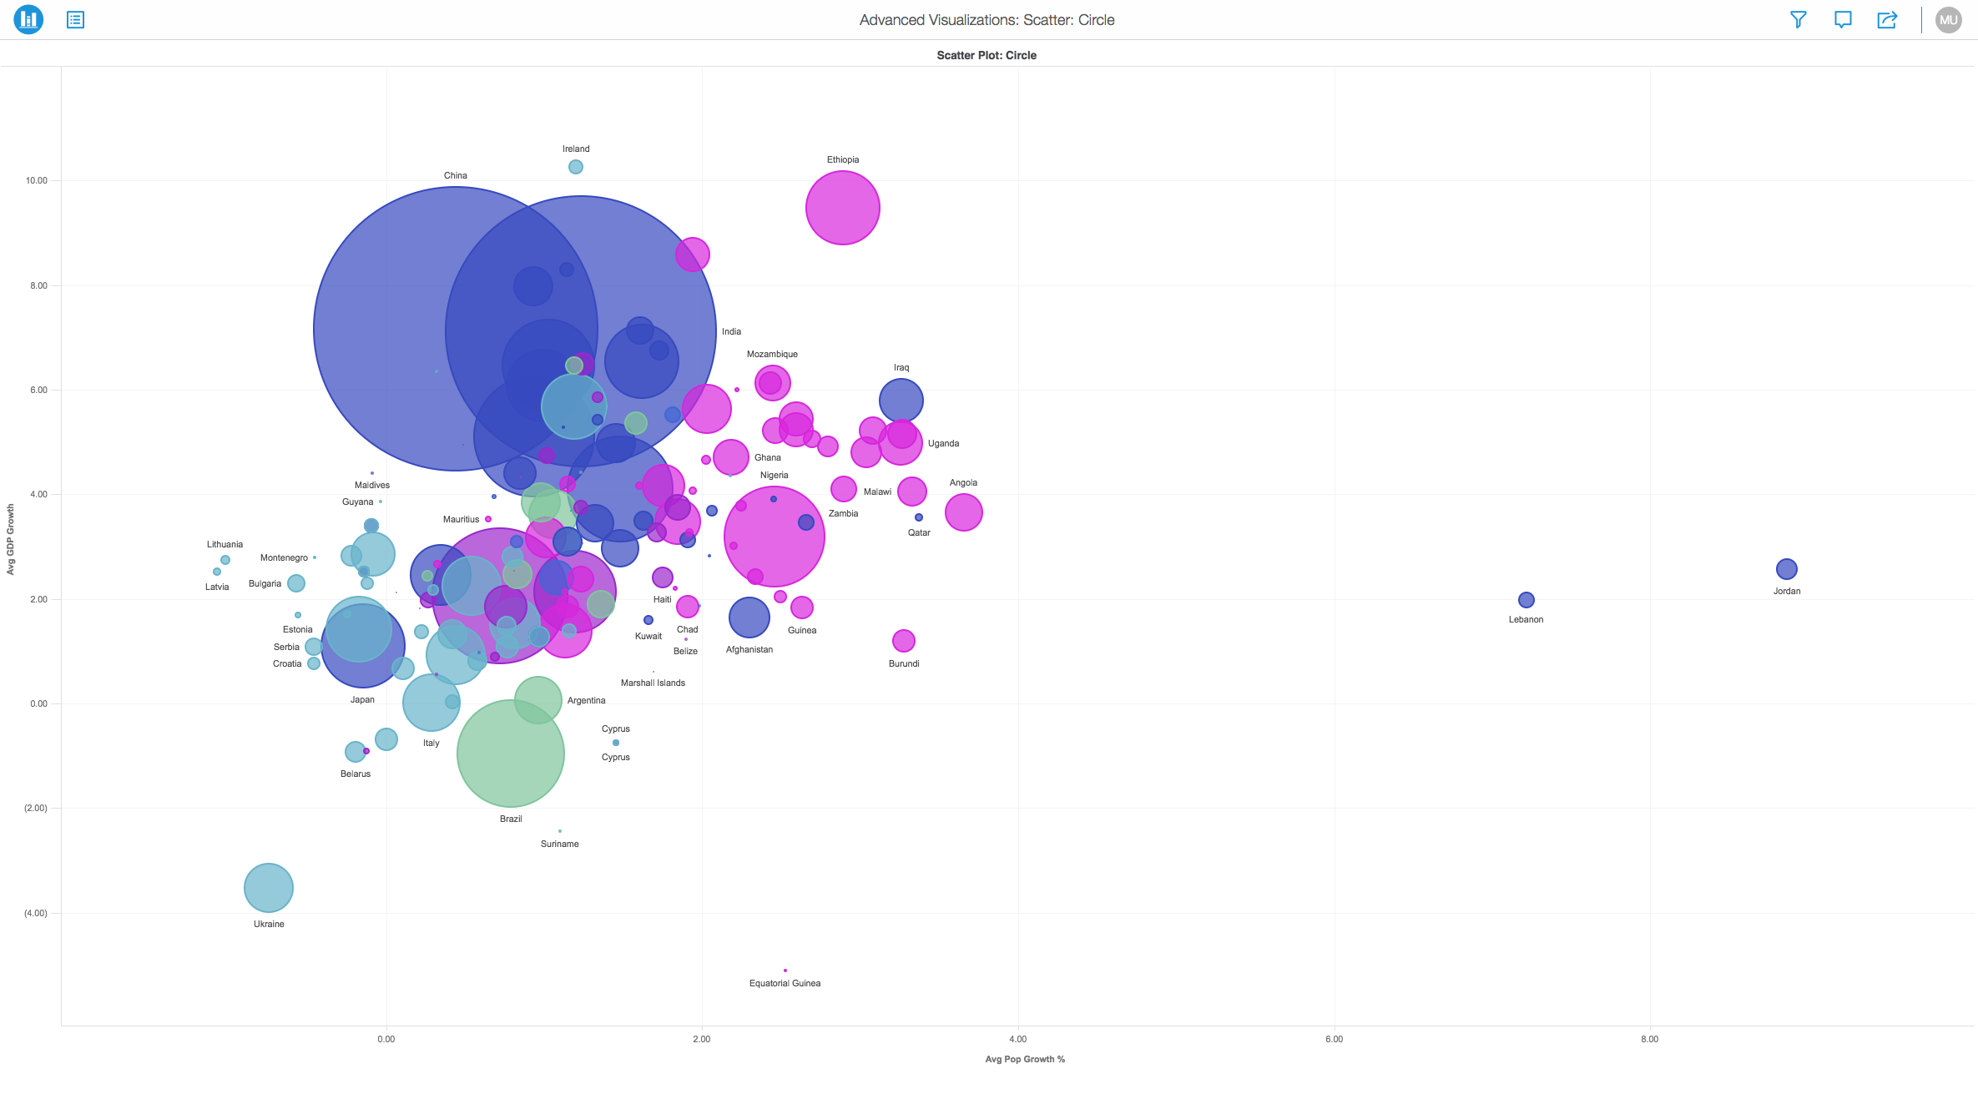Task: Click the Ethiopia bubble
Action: point(842,208)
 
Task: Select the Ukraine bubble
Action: point(268,888)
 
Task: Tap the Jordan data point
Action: point(1786,569)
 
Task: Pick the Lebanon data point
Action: point(1526,600)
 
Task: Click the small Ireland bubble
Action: point(576,167)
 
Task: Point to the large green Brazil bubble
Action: point(510,754)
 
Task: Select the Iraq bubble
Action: point(901,401)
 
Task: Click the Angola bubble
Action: point(963,512)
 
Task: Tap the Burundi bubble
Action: point(903,641)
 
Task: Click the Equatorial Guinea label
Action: point(785,983)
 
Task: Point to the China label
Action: point(455,175)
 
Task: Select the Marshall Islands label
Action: point(653,683)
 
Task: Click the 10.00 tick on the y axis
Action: point(37,180)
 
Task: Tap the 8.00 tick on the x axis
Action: point(1649,1039)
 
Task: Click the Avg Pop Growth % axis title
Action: point(1024,1059)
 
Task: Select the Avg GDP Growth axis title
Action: point(11,539)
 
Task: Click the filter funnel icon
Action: point(1798,20)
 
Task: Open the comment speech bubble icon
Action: point(1842,20)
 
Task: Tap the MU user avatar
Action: point(1948,20)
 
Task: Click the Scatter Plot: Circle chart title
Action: point(986,55)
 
